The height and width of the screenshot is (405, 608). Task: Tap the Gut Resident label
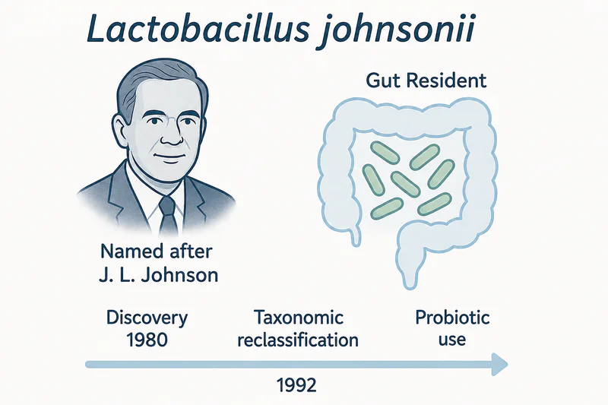426,81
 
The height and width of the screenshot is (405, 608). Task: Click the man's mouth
169,157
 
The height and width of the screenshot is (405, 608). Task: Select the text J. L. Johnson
158,275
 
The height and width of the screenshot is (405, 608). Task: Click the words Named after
157,252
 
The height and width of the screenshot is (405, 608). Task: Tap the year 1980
147,340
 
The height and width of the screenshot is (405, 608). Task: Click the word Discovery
147,318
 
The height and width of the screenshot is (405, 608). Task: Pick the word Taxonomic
298,318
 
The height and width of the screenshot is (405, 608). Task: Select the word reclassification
298,340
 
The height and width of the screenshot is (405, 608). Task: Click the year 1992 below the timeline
296,385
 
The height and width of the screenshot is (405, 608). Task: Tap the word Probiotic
452,318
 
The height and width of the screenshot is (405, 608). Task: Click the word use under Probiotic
452,340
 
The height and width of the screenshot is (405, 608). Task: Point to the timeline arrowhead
499,364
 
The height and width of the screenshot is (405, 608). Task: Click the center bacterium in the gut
405,184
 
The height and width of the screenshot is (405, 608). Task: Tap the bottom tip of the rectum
409,286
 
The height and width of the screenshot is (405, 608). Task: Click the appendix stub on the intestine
355,236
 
